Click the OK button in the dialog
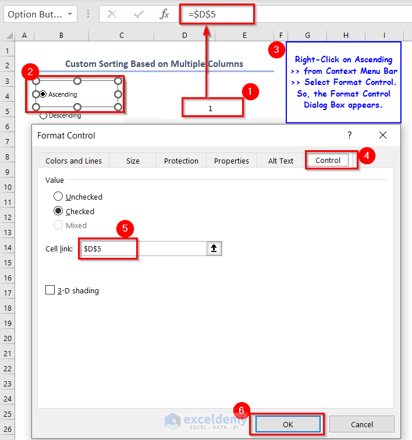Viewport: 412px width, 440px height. click(287, 424)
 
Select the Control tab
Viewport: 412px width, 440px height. click(328, 160)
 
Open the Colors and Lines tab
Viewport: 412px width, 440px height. click(73, 161)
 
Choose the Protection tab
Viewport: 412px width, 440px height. click(181, 161)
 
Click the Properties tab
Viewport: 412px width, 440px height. click(231, 161)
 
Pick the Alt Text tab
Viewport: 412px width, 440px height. click(280, 161)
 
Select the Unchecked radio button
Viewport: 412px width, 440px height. click(58, 197)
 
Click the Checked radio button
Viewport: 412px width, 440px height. click(58, 211)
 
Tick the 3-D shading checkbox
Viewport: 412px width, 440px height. click(50, 290)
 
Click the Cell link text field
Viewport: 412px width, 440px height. click(144, 249)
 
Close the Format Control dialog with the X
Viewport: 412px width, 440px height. click(382, 135)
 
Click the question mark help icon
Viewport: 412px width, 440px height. click(349, 135)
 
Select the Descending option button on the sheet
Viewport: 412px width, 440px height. click(43, 116)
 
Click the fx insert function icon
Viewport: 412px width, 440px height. click(164, 14)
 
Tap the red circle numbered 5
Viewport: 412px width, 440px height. click(125, 228)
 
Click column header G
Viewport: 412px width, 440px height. click(307, 36)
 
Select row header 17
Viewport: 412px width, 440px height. click(8, 293)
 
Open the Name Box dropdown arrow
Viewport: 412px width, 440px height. click(70, 14)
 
